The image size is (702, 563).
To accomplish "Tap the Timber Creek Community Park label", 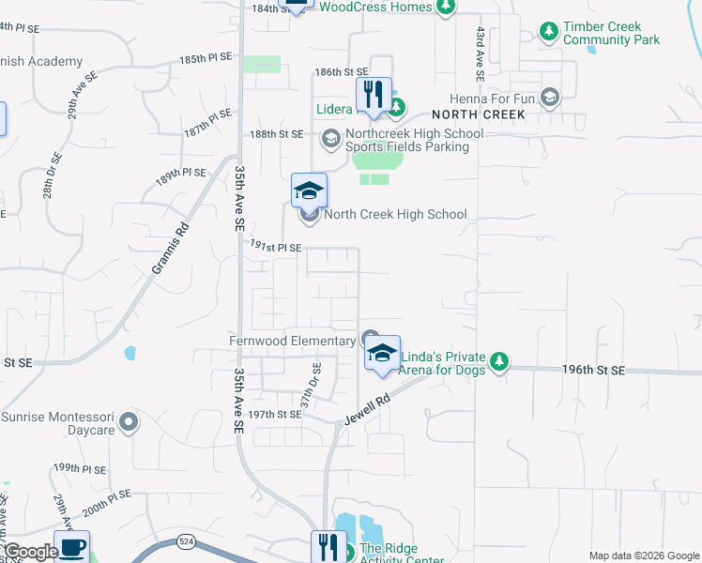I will (611, 33).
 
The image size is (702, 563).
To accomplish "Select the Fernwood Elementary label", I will (293, 340).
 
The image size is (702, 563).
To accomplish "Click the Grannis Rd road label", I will (170, 249).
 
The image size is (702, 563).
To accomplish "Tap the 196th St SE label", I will (593, 371).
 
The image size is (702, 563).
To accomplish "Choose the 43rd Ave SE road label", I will (480, 45).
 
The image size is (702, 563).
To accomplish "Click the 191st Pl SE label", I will (275, 247).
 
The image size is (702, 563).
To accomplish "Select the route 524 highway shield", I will (186, 542).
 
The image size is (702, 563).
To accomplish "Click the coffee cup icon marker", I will (71, 547).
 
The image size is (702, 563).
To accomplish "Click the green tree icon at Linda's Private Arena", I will (500, 361).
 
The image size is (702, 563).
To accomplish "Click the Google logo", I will (31, 552).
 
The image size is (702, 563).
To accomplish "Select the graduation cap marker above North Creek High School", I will (309, 190).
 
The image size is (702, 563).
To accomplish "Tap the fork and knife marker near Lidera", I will (374, 94).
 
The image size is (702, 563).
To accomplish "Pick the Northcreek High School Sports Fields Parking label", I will (414, 140).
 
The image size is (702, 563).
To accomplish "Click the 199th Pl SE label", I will (78, 466).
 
